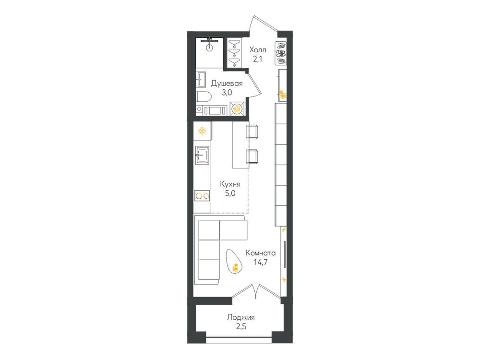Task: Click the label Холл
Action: click(x=258, y=49)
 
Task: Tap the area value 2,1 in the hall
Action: click(x=257, y=59)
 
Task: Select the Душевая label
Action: click(x=227, y=84)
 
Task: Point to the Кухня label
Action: click(x=230, y=184)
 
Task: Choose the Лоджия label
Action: click(x=241, y=317)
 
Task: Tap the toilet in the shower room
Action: click(x=204, y=97)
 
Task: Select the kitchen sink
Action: click(x=203, y=155)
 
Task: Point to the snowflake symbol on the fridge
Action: click(x=202, y=131)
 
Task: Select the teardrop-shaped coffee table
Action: click(x=235, y=261)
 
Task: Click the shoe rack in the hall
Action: click(x=281, y=53)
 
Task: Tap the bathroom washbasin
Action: click(x=202, y=79)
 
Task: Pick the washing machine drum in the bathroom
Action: click(x=237, y=108)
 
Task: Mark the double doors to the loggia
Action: click(x=256, y=291)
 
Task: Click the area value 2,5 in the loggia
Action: click(x=241, y=326)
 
